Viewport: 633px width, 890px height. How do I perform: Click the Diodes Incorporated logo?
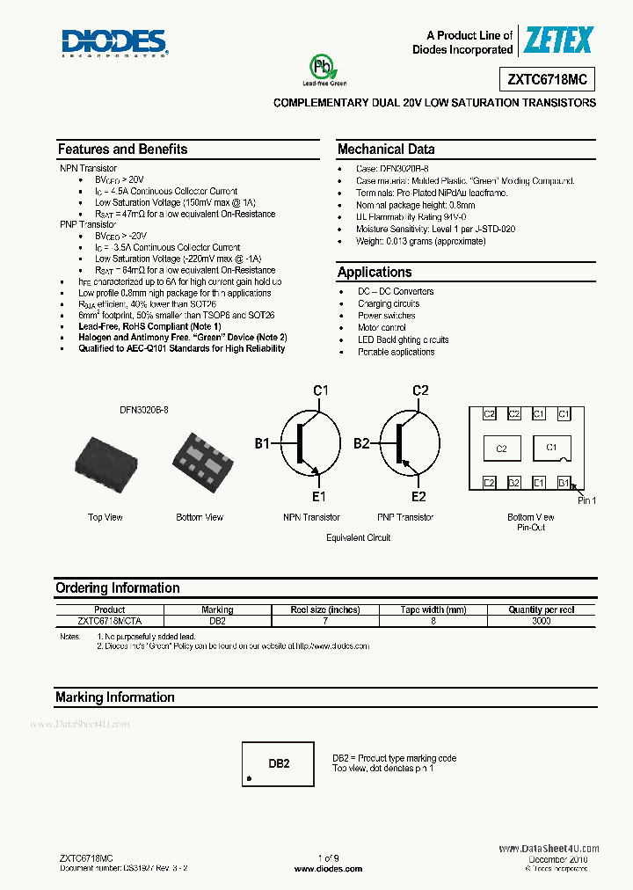tap(114, 42)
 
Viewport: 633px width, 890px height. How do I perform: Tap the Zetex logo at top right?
tap(559, 40)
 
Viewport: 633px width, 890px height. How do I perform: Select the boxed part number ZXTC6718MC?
tap(547, 79)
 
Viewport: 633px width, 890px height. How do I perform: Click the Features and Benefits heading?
tap(122, 149)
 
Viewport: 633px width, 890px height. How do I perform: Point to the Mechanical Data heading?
tap(386, 149)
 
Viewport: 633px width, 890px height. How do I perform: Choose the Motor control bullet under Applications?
tap(382, 327)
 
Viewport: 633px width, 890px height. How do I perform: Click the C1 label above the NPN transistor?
tap(321, 390)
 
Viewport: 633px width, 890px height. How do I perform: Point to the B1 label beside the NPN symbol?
tap(262, 444)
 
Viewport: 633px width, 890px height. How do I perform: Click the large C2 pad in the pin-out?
tap(501, 449)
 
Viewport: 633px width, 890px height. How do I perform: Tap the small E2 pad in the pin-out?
tap(490, 482)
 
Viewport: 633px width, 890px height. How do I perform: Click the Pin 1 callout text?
tap(586, 500)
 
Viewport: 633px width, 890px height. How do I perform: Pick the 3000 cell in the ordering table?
tap(541, 621)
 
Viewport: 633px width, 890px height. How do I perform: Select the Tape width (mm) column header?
tap(433, 609)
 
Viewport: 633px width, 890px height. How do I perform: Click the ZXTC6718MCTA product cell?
tap(109, 621)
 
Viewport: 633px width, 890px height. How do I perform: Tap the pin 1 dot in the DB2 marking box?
tap(251, 779)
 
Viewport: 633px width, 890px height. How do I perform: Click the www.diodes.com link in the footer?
tap(328, 868)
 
